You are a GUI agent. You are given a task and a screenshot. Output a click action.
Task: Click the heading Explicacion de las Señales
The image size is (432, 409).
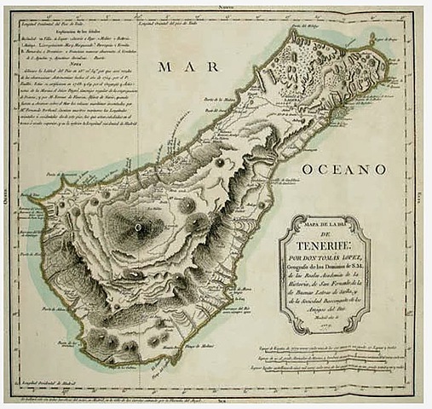(77, 31)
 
